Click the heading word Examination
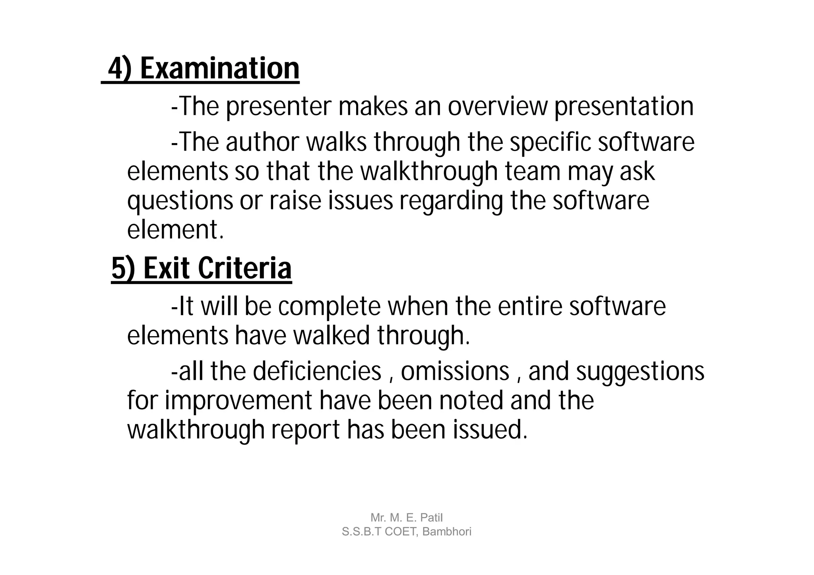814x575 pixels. (x=219, y=69)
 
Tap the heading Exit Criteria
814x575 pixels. (x=217, y=269)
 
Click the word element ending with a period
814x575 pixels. (x=175, y=230)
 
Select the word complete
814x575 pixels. (x=329, y=307)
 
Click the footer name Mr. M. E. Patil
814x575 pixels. (x=406, y=518)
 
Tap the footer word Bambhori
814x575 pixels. (x=447, y=532)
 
